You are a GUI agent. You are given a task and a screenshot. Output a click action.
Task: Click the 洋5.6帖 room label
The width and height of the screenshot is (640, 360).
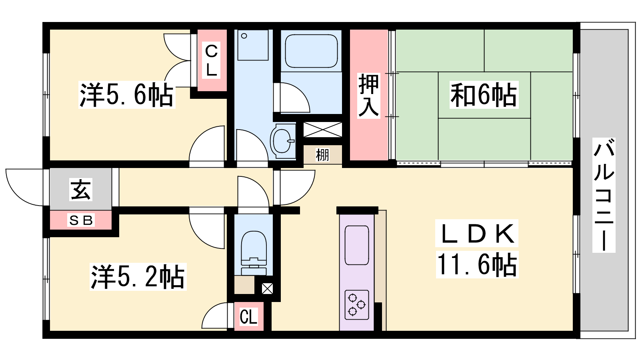click(x=126, y=94)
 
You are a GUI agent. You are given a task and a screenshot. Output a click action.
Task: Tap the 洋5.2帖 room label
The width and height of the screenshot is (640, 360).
click(x=138, y=276)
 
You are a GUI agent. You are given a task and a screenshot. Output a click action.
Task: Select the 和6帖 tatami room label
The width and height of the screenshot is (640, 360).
click(x=484, y=94)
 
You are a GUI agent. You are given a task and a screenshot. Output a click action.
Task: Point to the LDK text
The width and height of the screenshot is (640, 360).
click(x=476, y=233)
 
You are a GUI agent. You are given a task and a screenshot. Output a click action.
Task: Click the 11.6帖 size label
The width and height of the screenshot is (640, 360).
click(x=477, y=264)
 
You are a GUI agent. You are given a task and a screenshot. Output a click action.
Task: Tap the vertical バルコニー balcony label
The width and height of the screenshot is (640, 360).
click(x=604, y=195)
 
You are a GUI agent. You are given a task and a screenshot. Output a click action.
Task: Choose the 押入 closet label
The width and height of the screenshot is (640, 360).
click(x=369, y=95)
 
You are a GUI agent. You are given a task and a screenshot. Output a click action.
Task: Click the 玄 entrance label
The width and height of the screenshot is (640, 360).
click(x=80, y=189)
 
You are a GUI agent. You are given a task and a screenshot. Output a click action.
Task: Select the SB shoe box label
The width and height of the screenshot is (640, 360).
click(x=81, y=220)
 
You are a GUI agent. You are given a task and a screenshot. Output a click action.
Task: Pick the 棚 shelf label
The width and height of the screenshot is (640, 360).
click(x=322, y=155)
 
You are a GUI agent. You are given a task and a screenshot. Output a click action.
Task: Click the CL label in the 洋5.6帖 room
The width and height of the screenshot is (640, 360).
click(x=212, y=60)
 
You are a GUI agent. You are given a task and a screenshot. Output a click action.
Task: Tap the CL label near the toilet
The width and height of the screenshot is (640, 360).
click(x=248, y=316)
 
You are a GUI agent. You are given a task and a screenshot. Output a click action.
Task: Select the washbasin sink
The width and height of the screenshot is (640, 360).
click(x=282, y=140)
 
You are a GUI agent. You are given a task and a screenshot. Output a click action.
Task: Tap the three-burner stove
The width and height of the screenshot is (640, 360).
click(x=356, y=304)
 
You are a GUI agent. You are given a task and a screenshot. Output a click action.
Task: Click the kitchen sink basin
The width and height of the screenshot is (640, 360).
click(x=356, y=245)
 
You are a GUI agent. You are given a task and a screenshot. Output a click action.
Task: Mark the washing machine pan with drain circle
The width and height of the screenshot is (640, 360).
click(x=253, y=45)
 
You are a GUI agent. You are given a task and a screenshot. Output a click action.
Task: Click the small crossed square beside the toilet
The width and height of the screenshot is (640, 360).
click(x=268, y=288)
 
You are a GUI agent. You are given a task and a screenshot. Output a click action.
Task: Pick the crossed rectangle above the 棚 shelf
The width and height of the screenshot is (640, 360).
click(x=322, y=130)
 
